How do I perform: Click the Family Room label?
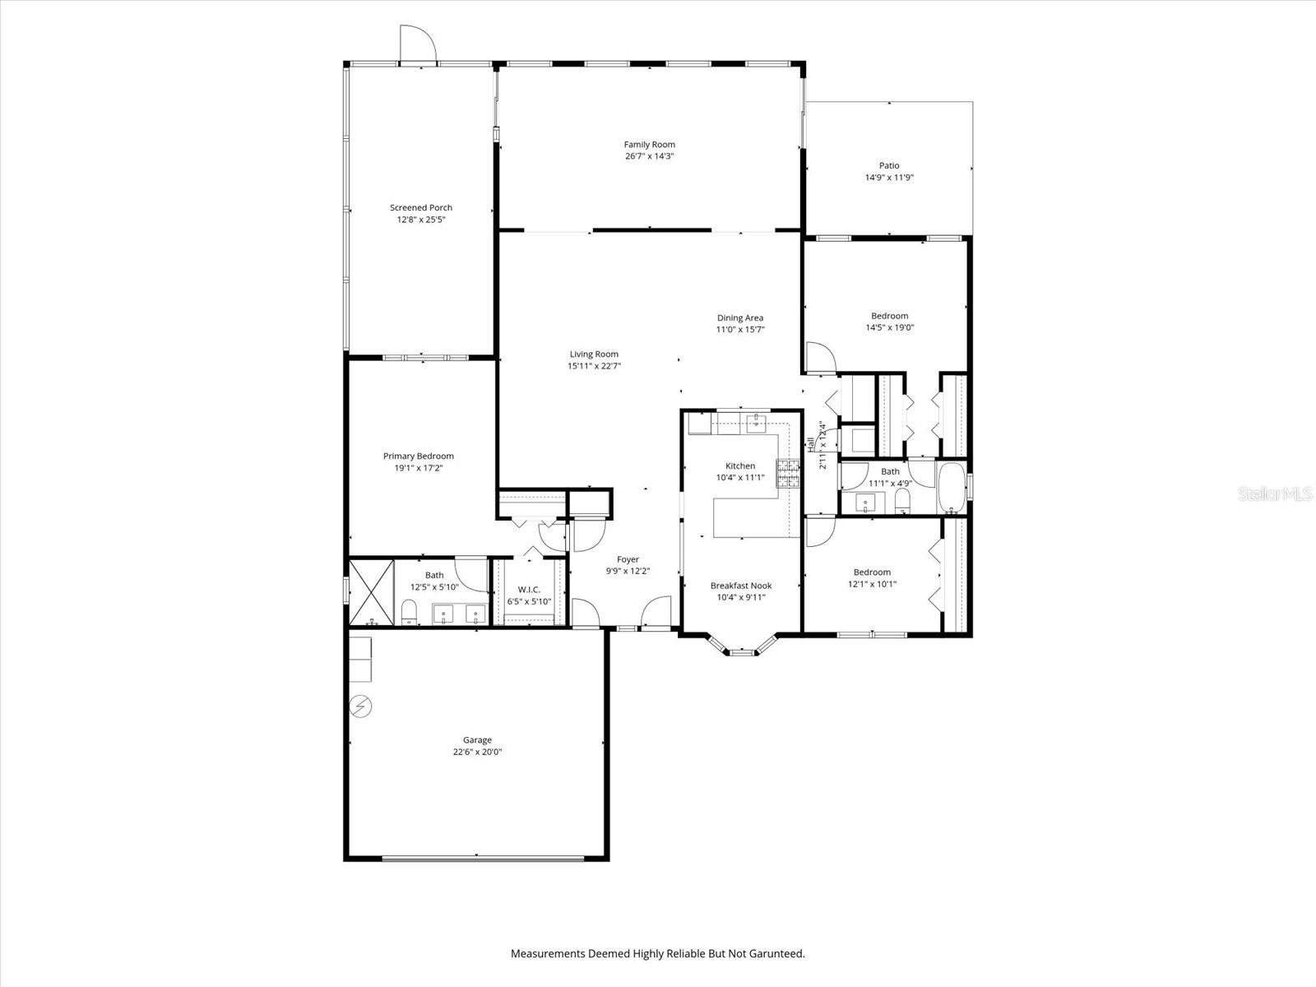649,145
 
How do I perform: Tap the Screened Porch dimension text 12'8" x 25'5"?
421,220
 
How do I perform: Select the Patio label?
888,165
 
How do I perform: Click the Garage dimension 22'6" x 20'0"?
476,752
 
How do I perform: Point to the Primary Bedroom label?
418,456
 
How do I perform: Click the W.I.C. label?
529,590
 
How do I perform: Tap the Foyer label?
628,559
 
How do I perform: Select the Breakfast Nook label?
740,586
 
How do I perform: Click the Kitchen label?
739,466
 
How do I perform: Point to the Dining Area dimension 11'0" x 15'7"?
740,329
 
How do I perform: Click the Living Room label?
594,354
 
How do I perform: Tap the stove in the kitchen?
789,474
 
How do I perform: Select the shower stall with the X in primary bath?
372,592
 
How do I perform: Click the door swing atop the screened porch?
415,43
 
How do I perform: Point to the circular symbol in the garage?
359,706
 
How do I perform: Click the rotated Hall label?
811,445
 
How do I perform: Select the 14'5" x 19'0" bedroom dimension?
889,327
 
